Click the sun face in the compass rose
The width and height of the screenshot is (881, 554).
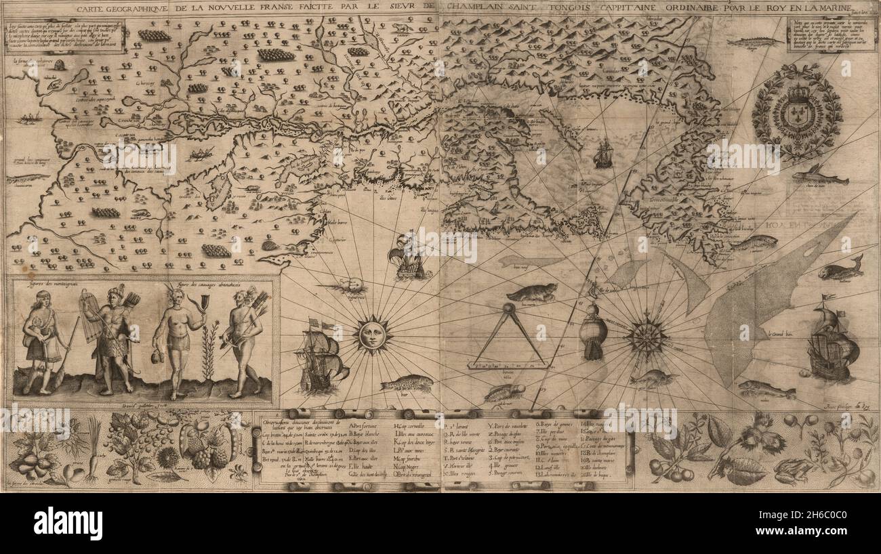tap(371, 335)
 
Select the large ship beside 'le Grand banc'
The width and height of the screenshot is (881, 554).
tap(832, 345)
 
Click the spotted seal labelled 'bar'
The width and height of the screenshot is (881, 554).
tap(407, 384)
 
